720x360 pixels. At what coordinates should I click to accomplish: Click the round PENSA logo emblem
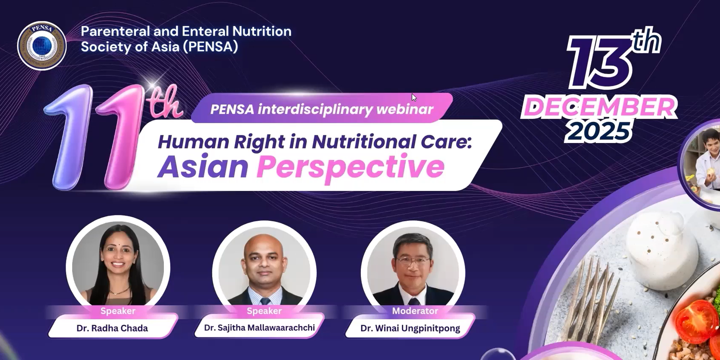tap(42, 46)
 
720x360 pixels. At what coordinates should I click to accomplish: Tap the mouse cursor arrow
tap(414, 98)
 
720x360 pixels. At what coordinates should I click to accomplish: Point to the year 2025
tap(598, 132)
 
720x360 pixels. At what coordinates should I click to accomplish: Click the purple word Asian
tap(203, 166)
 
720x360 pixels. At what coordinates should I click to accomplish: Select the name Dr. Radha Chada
tap(112, 328)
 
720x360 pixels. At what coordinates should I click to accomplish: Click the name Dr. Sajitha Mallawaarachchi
tap(259, 328)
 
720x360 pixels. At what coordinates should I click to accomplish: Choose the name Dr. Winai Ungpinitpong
tap(410, 328)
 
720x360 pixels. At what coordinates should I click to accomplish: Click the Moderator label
tap(415, 311)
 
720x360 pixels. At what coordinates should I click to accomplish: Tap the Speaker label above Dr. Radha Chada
tap(118, 311)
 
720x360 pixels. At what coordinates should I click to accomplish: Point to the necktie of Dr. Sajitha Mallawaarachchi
tap(265, 301)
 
